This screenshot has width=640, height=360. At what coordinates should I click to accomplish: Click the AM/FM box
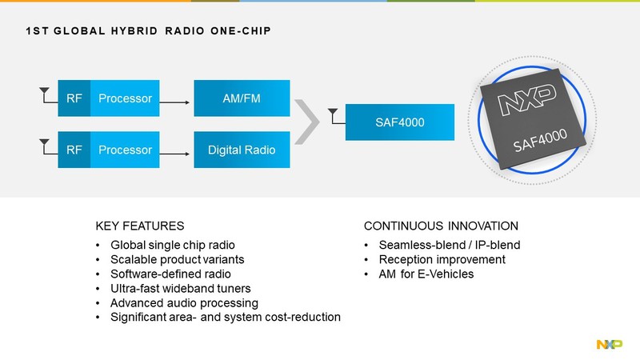[242, 98]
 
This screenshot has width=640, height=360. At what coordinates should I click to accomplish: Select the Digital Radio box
[242, 150]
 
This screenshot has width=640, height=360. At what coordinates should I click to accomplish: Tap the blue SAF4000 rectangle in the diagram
[399, 122]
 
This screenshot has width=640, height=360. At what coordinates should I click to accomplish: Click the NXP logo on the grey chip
[526, 99]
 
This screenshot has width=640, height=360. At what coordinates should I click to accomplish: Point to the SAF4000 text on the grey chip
[540, 140]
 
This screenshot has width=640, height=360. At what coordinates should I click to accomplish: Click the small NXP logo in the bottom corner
[610, 344]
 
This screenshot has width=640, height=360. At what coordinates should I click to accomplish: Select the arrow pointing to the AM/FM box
[174, 102]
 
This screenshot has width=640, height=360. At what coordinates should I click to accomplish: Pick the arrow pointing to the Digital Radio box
[174, 154]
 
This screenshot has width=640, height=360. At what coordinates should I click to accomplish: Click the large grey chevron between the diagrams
[307, 122]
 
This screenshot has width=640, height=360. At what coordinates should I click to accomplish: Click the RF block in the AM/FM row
[74, 98]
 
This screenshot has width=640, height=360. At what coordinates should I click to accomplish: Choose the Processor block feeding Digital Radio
[125, 150]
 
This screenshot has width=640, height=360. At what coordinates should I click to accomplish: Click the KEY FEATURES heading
[139, 226]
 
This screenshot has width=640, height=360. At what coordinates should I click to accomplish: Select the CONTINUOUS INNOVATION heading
[441, 226]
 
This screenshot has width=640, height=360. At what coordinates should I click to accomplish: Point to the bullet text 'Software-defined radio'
[170, 274]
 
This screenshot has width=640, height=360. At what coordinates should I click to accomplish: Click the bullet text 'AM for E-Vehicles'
[426, 274]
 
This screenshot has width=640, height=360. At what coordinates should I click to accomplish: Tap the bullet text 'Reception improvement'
[442, 259]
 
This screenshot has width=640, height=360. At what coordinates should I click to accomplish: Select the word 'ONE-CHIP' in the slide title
[241, 31]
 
